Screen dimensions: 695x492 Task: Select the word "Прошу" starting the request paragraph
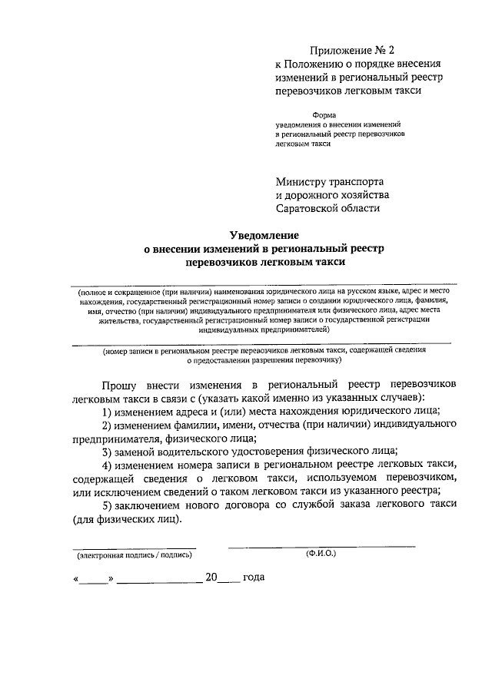coord(122,382)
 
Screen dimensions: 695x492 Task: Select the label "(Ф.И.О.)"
coord(321,553)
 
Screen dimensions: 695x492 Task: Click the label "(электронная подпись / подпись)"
coord(134,554)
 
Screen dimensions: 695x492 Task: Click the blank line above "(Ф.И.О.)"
coord(321,545)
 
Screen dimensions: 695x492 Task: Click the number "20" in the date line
coord(211,578)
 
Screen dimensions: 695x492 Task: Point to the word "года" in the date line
coord(254,578)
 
